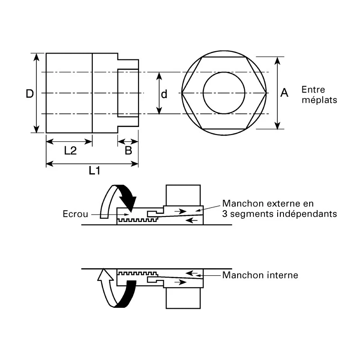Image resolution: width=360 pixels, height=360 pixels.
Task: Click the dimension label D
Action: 30,94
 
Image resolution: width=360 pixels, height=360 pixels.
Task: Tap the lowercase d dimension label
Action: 164,94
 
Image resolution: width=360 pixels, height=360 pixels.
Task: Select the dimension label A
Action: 284,93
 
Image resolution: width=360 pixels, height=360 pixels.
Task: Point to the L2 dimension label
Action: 70,150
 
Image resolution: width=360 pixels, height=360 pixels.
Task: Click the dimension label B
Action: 128,150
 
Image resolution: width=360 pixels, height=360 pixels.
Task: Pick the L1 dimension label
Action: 94,171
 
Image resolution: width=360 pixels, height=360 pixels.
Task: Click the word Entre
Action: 313,90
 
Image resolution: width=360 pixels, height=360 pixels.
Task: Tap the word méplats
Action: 319,100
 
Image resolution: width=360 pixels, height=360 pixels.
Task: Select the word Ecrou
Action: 75,214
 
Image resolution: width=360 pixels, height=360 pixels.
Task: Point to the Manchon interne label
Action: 260,275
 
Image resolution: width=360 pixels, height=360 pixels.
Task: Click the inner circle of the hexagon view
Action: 224,72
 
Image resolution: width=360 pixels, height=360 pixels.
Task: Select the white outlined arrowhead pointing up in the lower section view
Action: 105,274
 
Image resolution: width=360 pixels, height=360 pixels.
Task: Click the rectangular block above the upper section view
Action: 183,195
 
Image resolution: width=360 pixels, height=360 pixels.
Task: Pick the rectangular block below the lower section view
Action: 183,298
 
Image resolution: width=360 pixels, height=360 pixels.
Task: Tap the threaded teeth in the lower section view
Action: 137,273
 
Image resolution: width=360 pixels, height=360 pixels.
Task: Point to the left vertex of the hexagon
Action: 182,93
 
